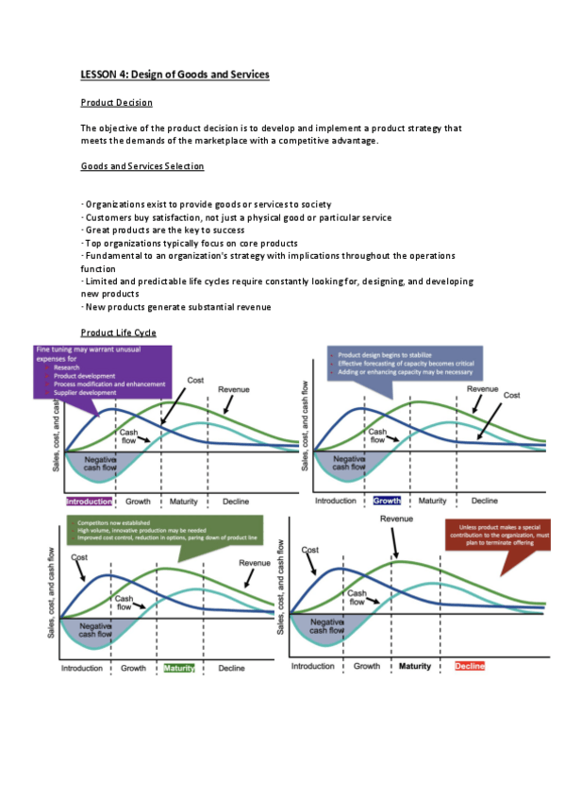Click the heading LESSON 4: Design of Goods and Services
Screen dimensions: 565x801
click(x=174, y=74)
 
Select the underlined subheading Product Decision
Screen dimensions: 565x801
click(x=116, y=102)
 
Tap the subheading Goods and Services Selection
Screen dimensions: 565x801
click(x=141, y=166)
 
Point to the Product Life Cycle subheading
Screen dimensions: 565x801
click(x=118, y=332)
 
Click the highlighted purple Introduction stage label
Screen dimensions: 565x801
click(x=90, y=501)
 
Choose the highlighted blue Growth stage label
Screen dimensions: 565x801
click(x=387, y=501)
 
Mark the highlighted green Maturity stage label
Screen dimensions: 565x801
click(x=179, y=669)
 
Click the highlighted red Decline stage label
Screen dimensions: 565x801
click(x=470, y=666)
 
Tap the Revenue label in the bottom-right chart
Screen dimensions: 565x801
click(x=397, y=520)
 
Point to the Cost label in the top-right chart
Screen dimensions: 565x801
click(x=511, y=396)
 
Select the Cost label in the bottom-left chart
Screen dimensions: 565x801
click(x=79, y=557)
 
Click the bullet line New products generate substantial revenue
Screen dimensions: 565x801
click(x=177, y=306)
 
